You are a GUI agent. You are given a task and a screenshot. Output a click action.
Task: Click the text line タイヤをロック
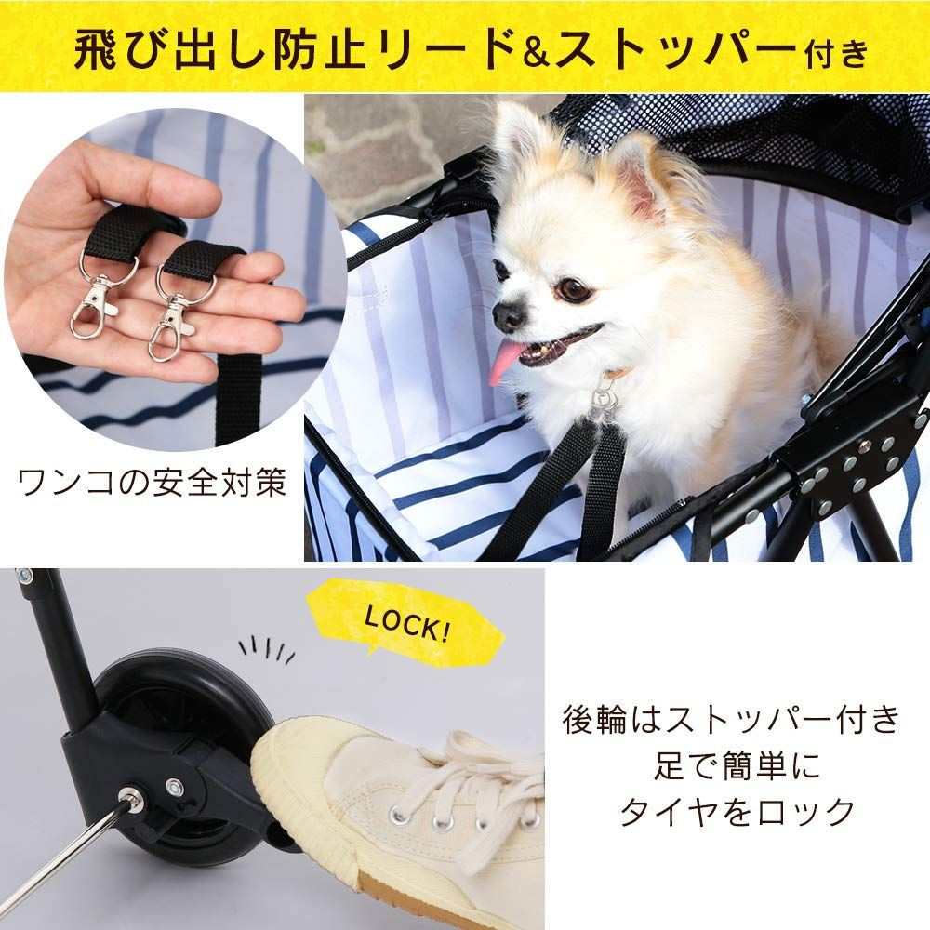point(737,811)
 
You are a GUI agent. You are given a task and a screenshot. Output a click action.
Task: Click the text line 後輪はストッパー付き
point(731,720)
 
